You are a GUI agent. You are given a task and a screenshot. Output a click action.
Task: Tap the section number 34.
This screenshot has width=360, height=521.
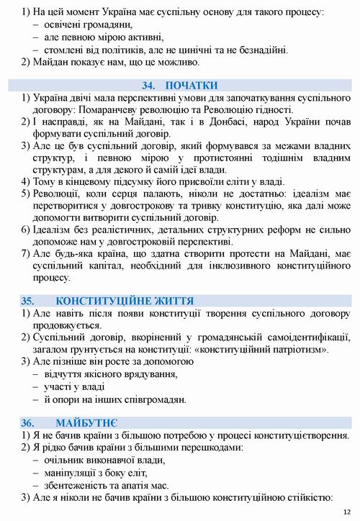coord(150,85)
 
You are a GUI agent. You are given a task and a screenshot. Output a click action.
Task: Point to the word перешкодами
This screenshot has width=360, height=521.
coord(202,448)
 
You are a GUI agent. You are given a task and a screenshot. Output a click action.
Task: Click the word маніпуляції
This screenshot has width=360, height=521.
coord(71,472)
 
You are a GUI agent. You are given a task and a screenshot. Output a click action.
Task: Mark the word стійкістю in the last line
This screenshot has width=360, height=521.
coord(308,497)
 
